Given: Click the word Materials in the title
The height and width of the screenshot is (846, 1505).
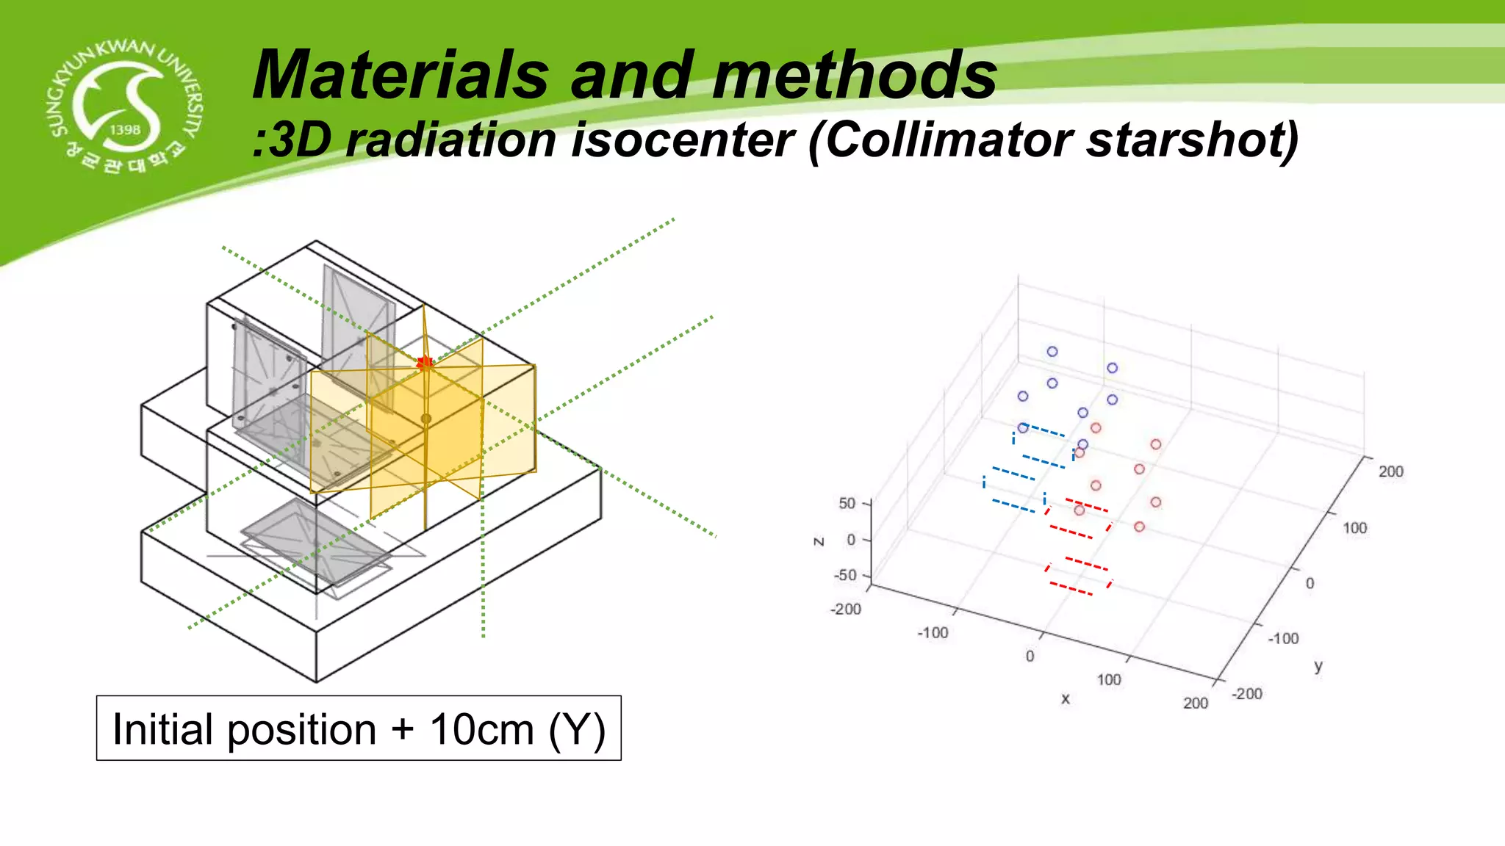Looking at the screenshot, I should pyautogui.click(x=401, y=75).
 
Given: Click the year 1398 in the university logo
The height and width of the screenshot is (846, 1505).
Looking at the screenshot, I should pyautogui.click(x=125, y=129).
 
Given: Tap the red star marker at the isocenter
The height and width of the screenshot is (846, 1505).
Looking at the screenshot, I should pyautogui.click(x=425, y=363).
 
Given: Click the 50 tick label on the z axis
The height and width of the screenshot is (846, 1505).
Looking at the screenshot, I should pyautogui.click(x=847, y=503).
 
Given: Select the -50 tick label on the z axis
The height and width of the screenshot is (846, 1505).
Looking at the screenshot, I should pyautogui.click(x=844, y=575).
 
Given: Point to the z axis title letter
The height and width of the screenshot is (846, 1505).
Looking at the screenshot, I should pyautogui.click(x=818, y=541).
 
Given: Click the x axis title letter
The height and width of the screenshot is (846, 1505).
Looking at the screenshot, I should pyautogui.click(x=1065, y=699).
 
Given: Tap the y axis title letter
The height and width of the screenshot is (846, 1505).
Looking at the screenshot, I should pyautogui.click(x=1318, y=666).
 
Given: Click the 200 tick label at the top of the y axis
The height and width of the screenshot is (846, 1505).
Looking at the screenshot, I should pyautogui.click(x=1390, y=471).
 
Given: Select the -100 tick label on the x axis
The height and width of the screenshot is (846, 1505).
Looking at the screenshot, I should pyautogui.click(x=932, y=632).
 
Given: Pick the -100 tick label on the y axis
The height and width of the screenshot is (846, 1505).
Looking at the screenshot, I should pyautogui.click(x=1283, y=638).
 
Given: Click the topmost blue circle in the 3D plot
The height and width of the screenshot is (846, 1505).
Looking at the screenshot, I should pyautogui.click(x=1052, y=352).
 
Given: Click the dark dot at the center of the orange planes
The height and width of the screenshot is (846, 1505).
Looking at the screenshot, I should pyautogui.click(x=425, y=419).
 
